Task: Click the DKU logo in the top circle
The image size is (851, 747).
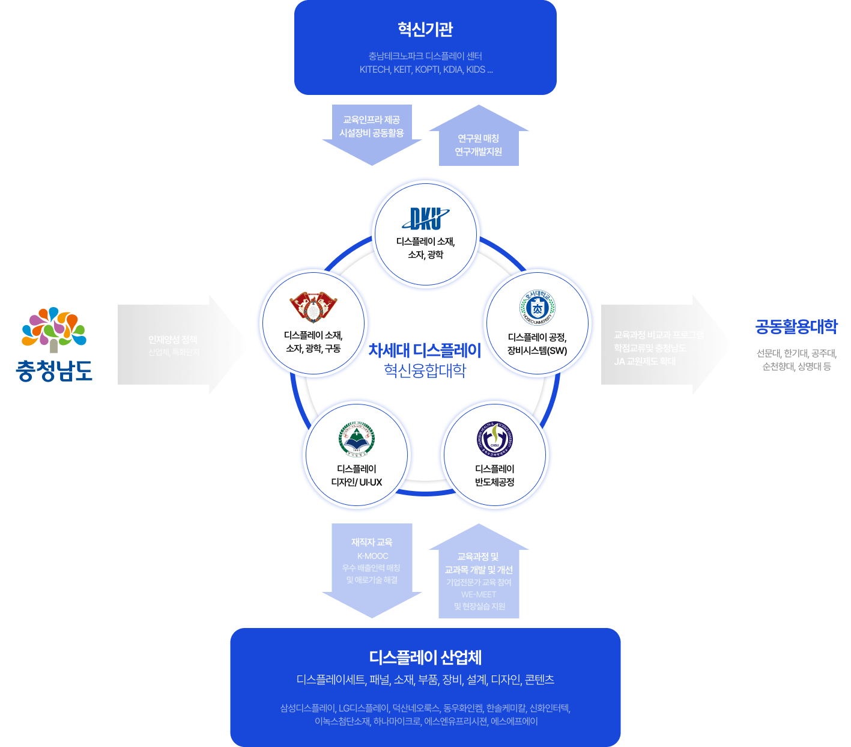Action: point(425,218)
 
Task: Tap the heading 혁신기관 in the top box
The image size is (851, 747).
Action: point(425,29)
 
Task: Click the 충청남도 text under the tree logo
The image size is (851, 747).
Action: point(54,370)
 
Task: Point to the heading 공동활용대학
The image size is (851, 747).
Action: point(796,327)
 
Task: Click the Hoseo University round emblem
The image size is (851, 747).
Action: point(537,307)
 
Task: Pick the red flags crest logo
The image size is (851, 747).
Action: point(313,307)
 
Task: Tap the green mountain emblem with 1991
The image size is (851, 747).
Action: point(357,439)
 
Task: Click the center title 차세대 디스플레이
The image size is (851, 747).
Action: point(425,350)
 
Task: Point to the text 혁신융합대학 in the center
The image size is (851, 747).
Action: point(425,370)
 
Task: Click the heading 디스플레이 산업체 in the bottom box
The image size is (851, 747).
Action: point(425,657)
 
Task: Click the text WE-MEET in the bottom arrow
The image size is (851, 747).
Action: point(479,594)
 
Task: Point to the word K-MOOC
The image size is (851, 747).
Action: point(372,556)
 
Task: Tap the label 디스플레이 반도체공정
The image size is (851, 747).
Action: point(494,475)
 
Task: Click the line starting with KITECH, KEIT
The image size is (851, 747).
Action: point(426,70)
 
